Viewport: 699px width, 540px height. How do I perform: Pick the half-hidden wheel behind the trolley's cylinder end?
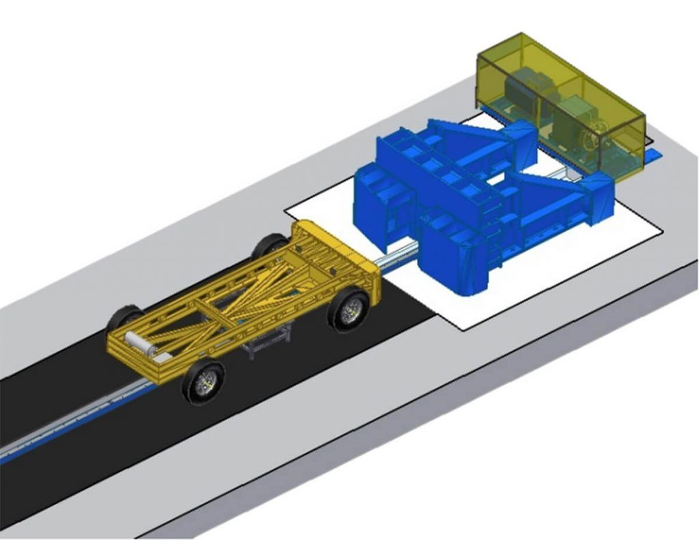point(123,317)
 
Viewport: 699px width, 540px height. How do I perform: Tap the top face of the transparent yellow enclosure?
point(560,72)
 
